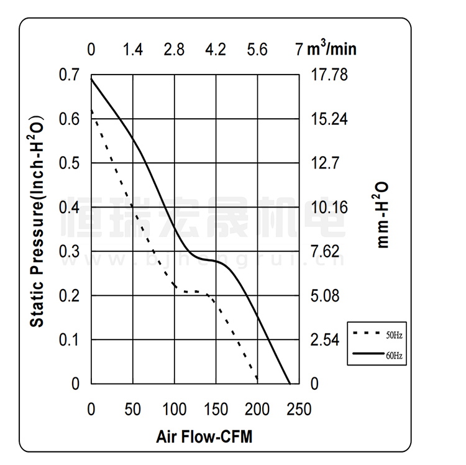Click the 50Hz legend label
pos(394,335)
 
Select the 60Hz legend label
pos(394,356)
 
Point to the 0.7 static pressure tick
pos(69,75)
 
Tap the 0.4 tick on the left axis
pos(69,207)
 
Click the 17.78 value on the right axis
pos(329,75)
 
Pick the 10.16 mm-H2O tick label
pos(329,207)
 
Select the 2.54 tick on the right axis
pos(326,339)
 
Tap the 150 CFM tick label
pos(216,410)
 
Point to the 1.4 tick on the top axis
pos(133,50)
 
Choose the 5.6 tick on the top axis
pos(257,50)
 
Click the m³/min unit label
pos(332,48)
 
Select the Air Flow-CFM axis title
pos(204,436)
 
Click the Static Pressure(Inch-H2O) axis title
pos(37,221)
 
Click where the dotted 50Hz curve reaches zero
pos(257,382)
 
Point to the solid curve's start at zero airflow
pos(92,79)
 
